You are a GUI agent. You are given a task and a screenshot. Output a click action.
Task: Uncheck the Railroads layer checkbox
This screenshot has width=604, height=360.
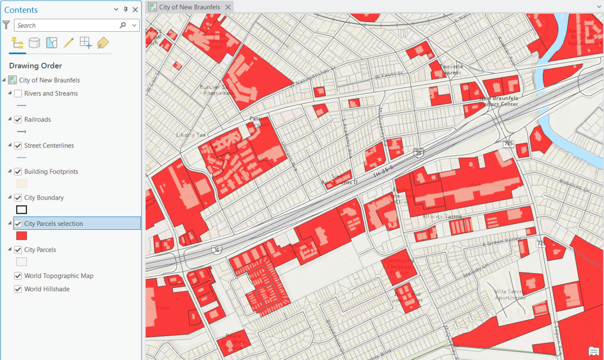point(18,119)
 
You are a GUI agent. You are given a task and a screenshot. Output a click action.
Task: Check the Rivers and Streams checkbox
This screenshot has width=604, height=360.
point(18,93)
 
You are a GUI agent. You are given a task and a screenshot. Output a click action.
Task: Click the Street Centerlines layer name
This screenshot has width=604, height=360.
point(49,145)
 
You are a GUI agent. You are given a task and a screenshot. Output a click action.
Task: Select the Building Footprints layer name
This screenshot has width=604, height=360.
point(51,171)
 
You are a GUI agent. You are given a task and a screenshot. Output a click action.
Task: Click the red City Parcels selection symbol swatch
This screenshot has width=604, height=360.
point(22,236)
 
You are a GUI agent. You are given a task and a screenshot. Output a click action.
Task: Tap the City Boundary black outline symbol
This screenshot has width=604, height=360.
point(22,210)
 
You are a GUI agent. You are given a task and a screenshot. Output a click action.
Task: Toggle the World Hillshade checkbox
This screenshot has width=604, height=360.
point(18,289)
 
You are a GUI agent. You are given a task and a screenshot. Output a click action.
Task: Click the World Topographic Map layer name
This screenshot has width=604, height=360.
point(59,276)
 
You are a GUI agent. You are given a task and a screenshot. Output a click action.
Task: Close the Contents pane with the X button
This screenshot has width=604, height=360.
point(135,10)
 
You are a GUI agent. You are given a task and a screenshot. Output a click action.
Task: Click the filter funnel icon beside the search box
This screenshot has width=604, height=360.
point(6,25)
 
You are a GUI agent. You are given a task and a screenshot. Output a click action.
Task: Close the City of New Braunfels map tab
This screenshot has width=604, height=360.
point(228,7)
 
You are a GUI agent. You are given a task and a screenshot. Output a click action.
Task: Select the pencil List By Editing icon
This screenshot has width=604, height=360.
point(68,43)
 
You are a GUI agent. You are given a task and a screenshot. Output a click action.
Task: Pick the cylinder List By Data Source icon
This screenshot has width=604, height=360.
point(34,43)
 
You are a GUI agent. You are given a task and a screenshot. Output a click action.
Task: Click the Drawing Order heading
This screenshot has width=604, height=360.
point(35,66)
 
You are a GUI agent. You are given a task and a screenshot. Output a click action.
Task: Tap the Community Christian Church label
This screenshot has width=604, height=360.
point(399,267)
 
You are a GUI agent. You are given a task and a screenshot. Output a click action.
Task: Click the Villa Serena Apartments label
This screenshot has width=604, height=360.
point(510,294)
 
